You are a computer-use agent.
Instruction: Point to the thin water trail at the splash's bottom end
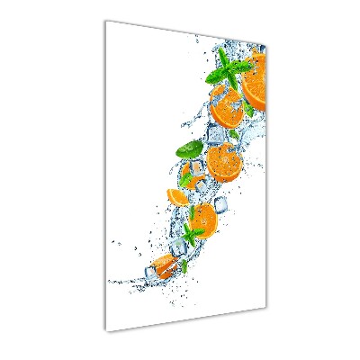[121, 282]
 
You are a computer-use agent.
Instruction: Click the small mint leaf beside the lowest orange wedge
[184, 265]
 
